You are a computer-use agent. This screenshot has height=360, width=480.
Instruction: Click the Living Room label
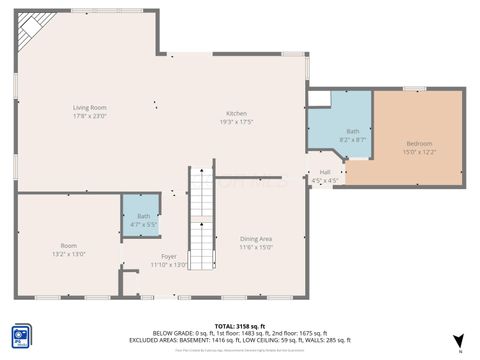pyautogui.click(x=89, y=107)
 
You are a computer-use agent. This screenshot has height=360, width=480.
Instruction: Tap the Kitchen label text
pyautogui.click(x=236, y=113)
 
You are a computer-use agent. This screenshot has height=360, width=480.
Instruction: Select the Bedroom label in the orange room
pyautogui.click(x=419, y=143)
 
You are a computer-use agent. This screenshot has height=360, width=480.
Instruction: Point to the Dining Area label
pyautogui.click(x=256, y=238)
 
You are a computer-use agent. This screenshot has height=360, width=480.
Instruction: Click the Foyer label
pyautogui.click(x=169, y=256)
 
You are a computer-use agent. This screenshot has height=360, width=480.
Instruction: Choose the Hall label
pyautogui.click(x=325, y=172)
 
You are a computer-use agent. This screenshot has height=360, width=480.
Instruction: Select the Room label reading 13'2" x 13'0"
pyautogui.click(x=68, y=246)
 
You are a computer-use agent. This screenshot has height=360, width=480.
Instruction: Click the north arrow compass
pyautogui.click(x=457, y=341)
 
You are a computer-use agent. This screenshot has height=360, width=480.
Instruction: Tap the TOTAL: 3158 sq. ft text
pyautogui.click(x=239, y=326)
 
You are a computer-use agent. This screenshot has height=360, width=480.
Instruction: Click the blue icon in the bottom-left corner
pyautogui.click(x=20, y=336)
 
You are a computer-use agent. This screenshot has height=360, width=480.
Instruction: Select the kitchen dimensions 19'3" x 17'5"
pyautogui.click(x=236, y=122)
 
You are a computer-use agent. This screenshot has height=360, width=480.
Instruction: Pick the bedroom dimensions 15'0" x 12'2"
pyautogui.click(x=419, y=152)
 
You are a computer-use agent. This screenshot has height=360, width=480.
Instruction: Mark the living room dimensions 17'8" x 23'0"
pyautogui.click(x=89, y=116)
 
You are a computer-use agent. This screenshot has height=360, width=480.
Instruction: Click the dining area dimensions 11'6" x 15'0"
pyautogui.click(x=256, y=247)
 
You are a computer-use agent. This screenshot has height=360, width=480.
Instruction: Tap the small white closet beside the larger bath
pyautogui.click(x=319, y=98)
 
